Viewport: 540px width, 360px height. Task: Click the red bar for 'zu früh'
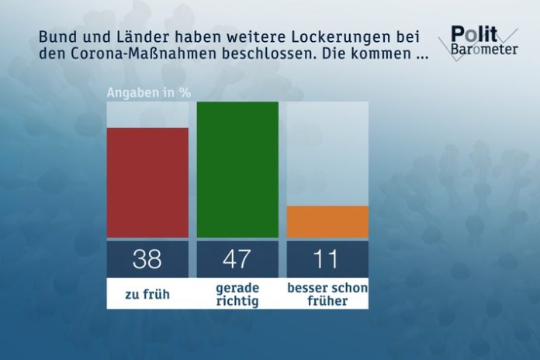tap(147, 182)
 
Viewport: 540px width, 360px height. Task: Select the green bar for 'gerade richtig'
tap(237, 169)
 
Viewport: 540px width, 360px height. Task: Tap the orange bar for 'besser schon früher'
tap(327, 222)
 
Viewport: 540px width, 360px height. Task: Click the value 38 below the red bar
tap(147, 258)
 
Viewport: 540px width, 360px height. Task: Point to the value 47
tap(237, 258)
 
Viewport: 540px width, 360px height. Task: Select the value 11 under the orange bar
tap(327, 258)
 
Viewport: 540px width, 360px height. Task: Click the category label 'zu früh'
tap(147, 295)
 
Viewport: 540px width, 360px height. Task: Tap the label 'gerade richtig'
tap(237, 295)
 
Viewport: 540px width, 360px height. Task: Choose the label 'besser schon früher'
tap(327, 295)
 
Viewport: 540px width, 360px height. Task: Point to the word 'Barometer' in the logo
tap(481, 51)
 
